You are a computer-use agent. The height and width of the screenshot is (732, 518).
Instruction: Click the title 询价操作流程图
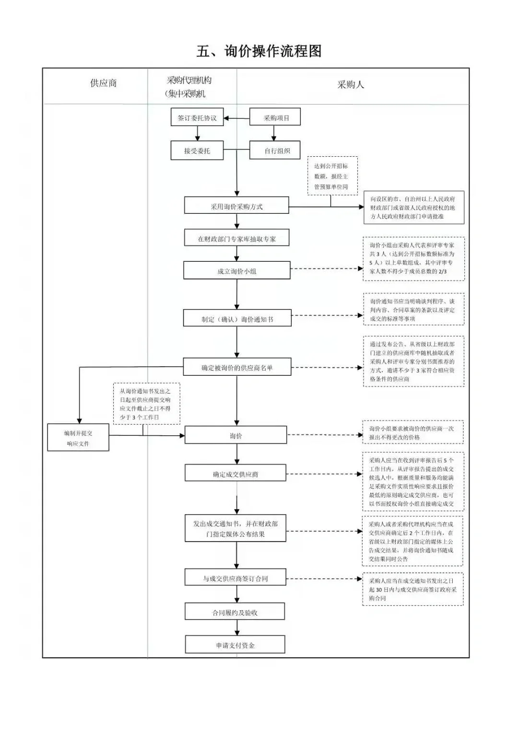point(259,51)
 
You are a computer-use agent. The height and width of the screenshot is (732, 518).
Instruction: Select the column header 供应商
point(103,83)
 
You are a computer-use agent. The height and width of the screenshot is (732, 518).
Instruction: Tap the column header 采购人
point(351,85)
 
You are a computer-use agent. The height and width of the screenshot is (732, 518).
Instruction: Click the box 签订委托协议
point(197,117)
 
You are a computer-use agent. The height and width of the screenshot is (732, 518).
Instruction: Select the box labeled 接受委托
point(197,151)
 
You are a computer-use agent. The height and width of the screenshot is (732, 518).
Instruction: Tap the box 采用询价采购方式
point(236,206)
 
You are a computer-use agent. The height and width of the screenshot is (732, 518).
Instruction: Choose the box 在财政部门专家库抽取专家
point(236,238)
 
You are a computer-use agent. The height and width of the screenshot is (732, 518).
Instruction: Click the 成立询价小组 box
point(236,271)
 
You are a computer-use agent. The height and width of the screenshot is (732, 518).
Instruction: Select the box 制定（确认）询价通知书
point(237,319)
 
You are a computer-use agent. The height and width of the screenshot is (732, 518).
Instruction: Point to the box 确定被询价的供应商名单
point(237,368)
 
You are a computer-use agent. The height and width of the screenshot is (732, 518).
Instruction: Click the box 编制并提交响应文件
point(78,438)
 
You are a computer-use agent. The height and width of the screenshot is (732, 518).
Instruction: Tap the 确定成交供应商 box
point(235,474)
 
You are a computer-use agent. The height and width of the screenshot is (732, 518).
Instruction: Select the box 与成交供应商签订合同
point(235,578)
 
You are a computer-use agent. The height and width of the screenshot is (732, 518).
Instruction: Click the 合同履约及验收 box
point(235,612)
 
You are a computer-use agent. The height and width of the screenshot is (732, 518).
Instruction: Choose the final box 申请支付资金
point(235,645)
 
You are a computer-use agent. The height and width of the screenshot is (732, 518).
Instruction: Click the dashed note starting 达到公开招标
point(332,176)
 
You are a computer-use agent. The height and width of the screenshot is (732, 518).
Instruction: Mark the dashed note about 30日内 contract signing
point(412,589)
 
